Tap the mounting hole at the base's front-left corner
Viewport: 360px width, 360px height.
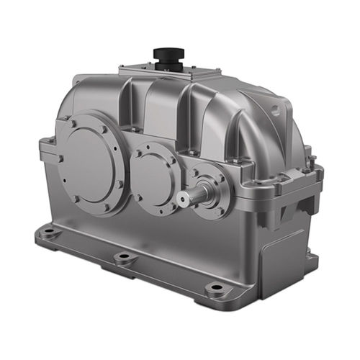(48, 233)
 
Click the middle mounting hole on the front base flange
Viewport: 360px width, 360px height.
(122, 258)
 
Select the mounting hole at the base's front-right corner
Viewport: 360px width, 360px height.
(215, 289)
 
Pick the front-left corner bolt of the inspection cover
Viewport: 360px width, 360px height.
(124, 71)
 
